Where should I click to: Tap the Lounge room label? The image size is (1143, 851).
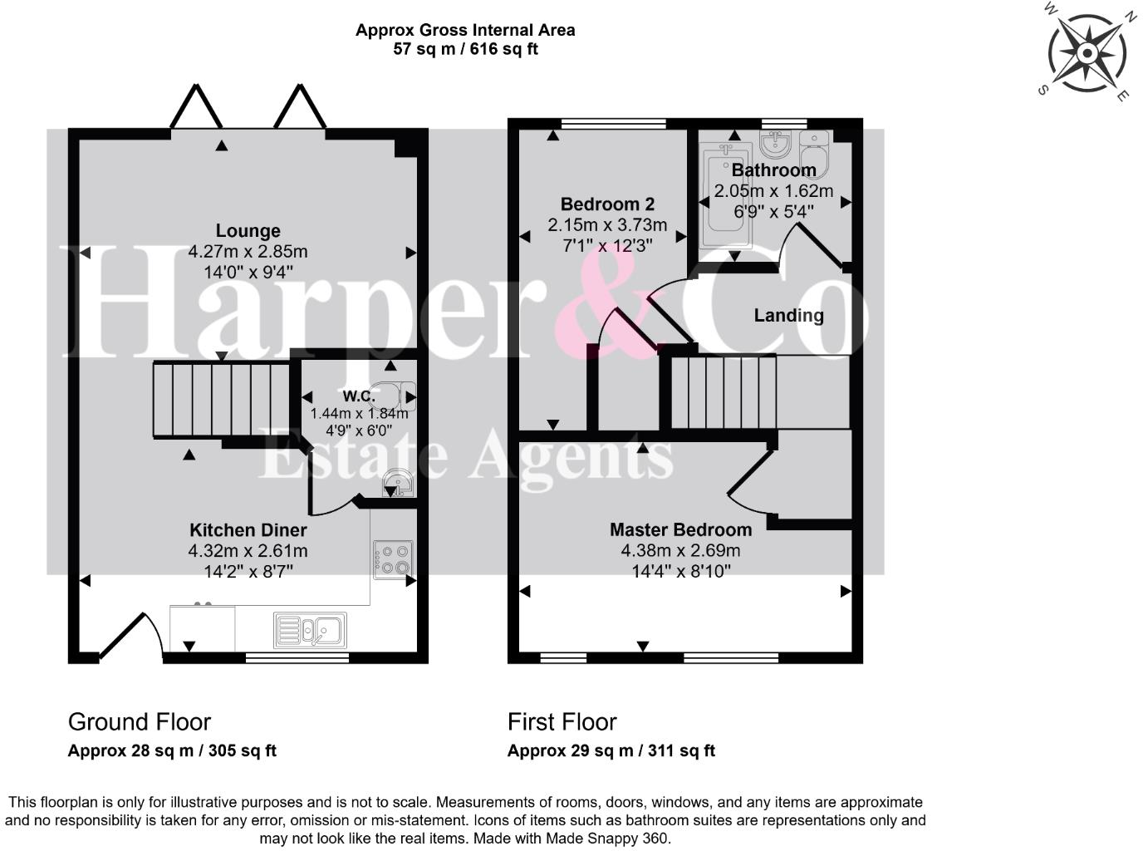click(248, 231)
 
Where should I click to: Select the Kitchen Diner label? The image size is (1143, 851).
click(248, 530)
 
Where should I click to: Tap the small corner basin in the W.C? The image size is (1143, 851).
click(397, 483)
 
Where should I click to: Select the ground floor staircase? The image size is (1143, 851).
click(219, 400)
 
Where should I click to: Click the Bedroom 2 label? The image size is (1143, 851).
click(607, 204)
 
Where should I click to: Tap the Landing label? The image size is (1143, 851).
click(788, 316)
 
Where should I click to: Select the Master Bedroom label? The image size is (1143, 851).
click(680, 530)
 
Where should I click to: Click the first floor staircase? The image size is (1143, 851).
click(723, 391)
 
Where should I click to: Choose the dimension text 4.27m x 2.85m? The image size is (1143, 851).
click(248, 252)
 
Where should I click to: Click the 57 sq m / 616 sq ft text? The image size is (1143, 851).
click(465, 49)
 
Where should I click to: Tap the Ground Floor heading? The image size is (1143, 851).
click(139, 722)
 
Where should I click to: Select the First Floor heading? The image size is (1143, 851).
click(562, 722)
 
